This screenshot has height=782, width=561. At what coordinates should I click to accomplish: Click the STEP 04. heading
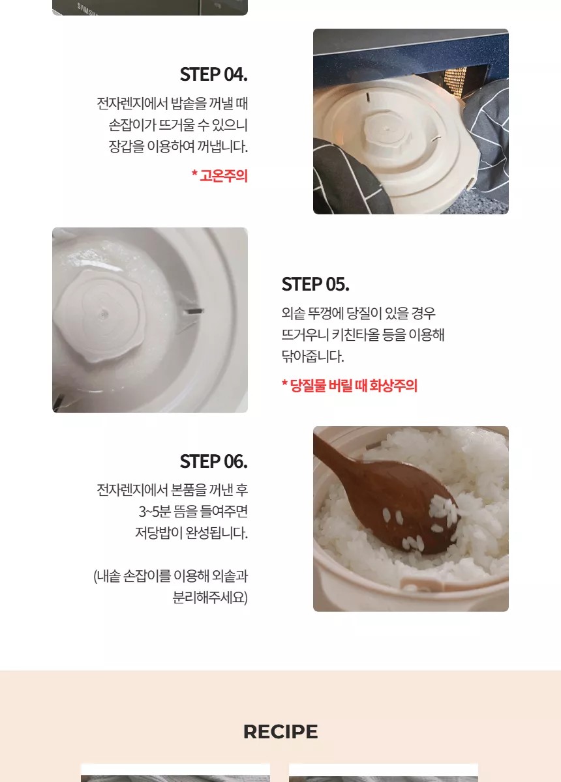[x=213, y=74]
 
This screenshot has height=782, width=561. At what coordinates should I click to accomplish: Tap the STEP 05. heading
[x=315, y=284]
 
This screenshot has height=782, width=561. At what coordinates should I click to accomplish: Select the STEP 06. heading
[x=213, y=461]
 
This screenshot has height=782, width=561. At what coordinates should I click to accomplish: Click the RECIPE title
[x=280, y=731]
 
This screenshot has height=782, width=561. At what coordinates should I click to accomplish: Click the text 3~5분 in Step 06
[x=155, y=512]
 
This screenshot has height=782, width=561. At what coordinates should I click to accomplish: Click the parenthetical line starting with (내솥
[x=170, y=576]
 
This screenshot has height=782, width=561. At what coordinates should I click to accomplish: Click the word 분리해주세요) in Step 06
[x=210, y=598]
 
